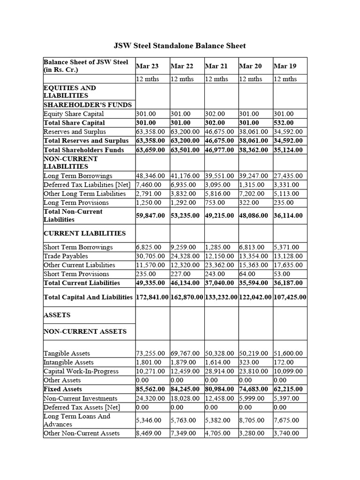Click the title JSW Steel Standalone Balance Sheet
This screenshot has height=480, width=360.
click(180, 45)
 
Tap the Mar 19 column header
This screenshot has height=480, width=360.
click(285, 66)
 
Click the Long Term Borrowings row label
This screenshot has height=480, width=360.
click(78, 176)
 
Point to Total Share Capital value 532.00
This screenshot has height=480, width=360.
click(285, 123)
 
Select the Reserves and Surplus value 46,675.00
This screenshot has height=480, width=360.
click(221, 132)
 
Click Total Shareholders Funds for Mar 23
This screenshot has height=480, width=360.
click(152, 150)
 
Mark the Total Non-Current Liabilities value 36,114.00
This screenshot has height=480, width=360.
click(288, 216)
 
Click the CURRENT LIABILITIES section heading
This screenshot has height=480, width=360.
click(84, 233)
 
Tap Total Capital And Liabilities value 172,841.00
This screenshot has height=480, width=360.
click(152, 297)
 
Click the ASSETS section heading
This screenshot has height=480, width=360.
click(57, 315)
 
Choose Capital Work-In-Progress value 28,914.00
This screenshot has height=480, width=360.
click(221, 371)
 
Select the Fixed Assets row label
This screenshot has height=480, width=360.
click(62, 389)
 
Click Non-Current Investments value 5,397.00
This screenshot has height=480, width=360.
click(285, 398)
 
